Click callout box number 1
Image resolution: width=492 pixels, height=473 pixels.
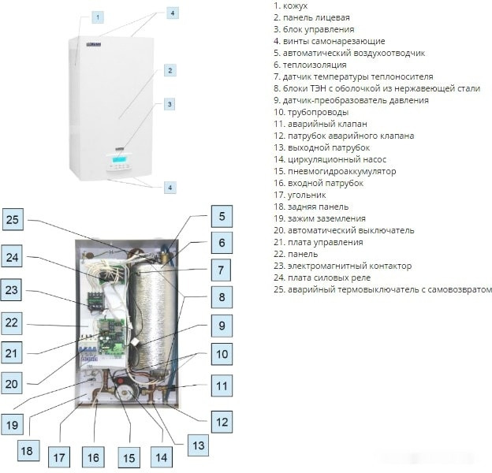97,17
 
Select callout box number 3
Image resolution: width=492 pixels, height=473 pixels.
169,104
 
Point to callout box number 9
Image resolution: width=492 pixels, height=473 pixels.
222,324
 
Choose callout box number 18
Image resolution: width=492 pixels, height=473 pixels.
27,451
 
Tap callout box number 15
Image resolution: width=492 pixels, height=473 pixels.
128,456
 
